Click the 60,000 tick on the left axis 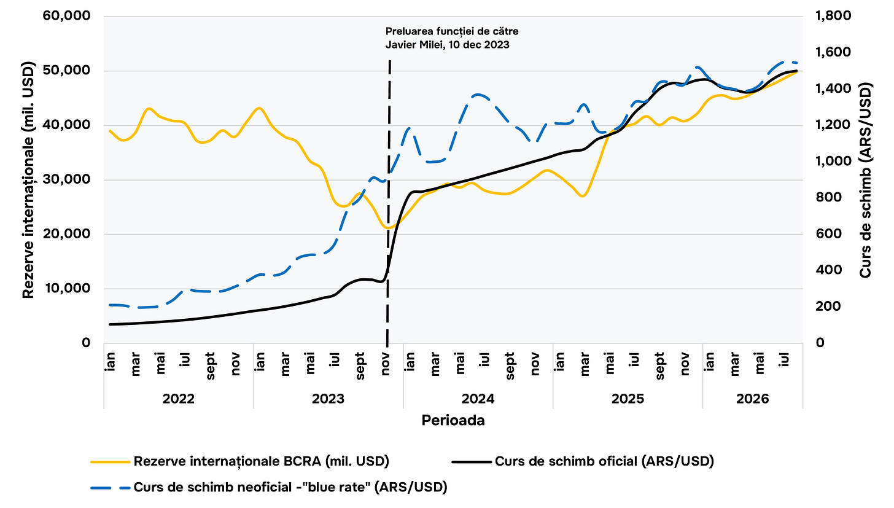coord(66,16)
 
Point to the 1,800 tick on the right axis coord(833,16)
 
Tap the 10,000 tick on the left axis coord(67,288)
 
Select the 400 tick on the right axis coord(828,270)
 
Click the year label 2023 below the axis coord(328,399)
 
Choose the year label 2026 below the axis coord(752,399)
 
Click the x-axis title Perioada coord(453,421)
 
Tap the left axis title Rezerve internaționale coord(28,180)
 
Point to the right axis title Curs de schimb coord(865,180)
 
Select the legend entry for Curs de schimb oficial coord(583,461)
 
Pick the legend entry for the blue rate coord(269,487)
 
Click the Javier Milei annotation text coord(452,38)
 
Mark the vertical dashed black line coord(389,201)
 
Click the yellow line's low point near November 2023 coord(387,228)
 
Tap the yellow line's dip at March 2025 coord(583,196)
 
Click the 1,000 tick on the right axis coord(833,161)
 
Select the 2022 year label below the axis coord(179,399)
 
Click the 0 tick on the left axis coord(86,343)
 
